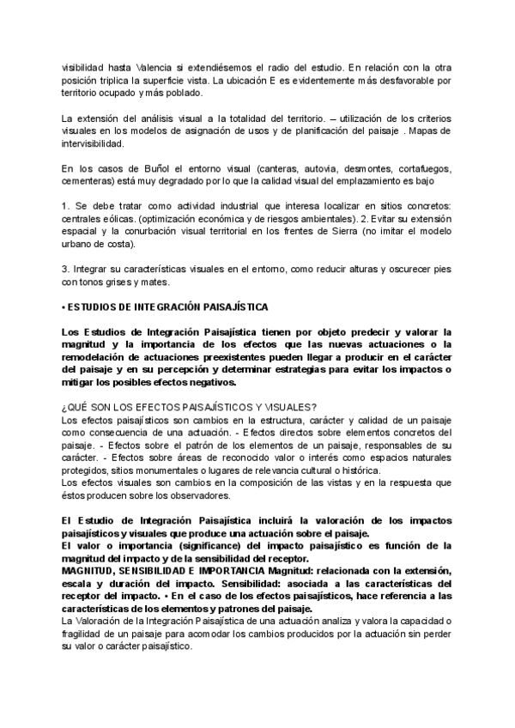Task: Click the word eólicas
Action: click(118, 218)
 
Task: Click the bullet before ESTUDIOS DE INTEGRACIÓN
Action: click(64, 306)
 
